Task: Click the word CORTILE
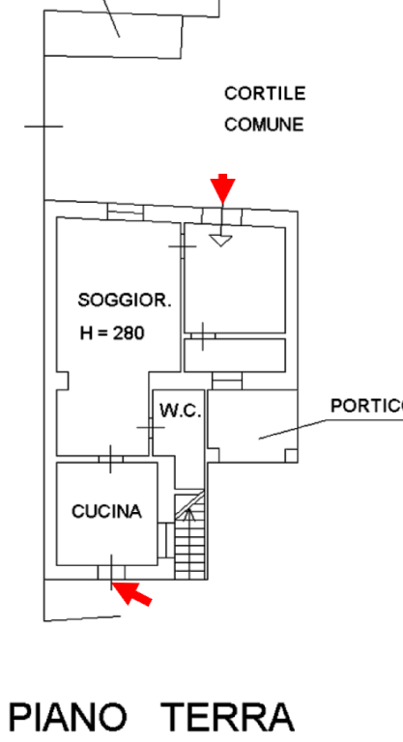coord(265,93)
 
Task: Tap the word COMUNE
coord(264,125)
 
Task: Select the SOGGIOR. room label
coord(125,300)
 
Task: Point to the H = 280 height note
coord(112,333)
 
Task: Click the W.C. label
coord(181,411)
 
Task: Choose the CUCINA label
coord(106,511)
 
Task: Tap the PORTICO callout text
coord(366,406)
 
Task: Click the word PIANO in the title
coord(68,718)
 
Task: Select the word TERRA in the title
coord(228,718)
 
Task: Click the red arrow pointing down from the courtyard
coord(222,188)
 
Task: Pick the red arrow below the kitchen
coord(131,593)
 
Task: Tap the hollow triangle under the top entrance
coord(220,241)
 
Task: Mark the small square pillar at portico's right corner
coord(291,455)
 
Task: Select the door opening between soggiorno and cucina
coord(111,459)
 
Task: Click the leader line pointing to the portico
coord(293,429)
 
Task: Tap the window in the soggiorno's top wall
coord(126,211)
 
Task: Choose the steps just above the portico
coord(227,381)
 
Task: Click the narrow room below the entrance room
coord(235,355)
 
